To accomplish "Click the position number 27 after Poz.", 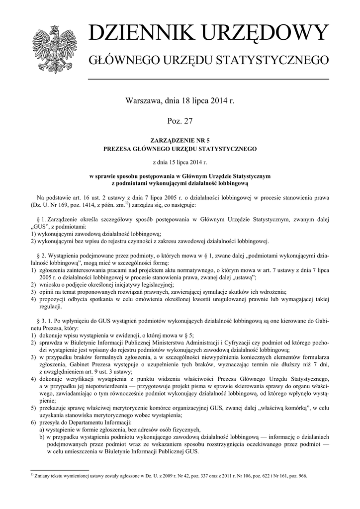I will [x=188, y=121].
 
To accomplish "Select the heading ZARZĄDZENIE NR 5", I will [x=180, y=141].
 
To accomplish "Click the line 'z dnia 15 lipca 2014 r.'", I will [x=180, y=162].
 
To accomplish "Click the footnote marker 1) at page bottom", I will [x=32, y=474].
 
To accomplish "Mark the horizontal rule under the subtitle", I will [x=208, y=79].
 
